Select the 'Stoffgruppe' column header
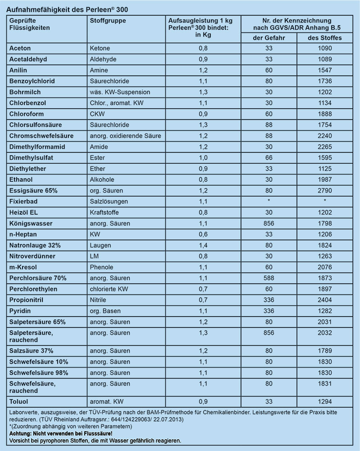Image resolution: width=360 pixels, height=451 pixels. pos(108,21)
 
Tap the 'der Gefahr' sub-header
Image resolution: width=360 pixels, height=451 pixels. pos(269,37)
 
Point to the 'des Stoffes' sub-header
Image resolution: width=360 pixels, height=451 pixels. pos(324,37)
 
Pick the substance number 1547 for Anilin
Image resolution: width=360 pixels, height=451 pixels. pos(324,70)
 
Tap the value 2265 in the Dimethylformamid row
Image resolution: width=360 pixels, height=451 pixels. pos(324,147)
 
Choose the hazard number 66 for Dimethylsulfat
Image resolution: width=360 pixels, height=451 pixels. pos(269,157)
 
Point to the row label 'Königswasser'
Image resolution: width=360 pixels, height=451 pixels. pos(30,223)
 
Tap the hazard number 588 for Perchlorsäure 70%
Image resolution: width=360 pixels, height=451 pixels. pos(269,278)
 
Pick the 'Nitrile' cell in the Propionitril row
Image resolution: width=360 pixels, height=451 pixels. pos(99,299)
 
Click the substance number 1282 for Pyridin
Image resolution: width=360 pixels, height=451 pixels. pos(324,310)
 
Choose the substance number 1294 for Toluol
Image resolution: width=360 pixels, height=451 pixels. pos(324,401)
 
